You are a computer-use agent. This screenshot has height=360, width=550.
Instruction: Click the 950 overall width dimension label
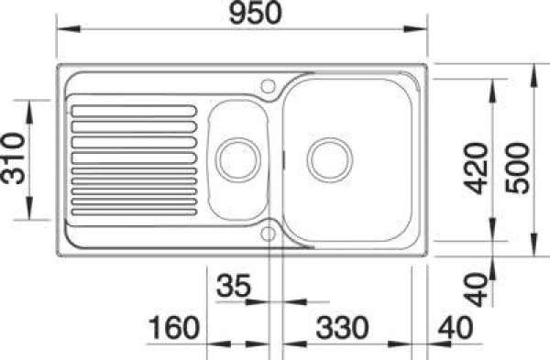[245, 12]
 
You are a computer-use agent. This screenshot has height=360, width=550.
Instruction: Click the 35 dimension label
[234, 285]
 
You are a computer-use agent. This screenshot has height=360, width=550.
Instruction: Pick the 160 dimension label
[174, 327]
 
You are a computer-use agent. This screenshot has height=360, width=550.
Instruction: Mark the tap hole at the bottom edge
[269, 234]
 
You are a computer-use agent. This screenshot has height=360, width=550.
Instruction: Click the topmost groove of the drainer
[133, 112]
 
